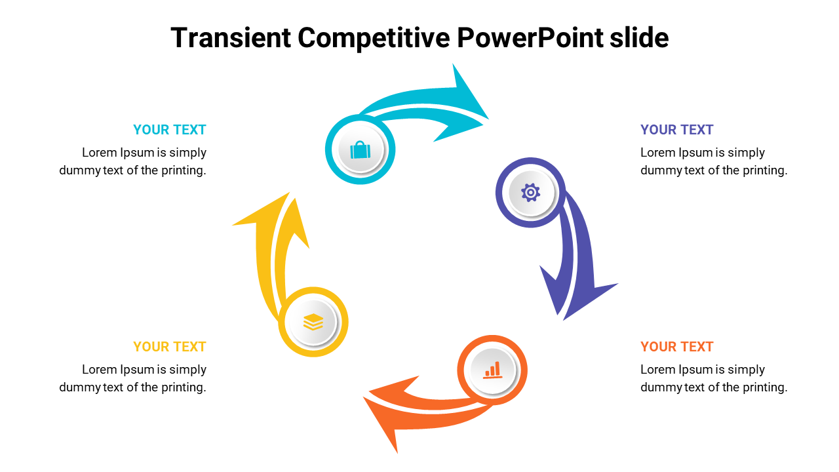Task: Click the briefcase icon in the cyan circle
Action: tap(361, 150)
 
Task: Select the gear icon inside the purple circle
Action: tap(530, 193)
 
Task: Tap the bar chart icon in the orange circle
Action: tap(492, 370)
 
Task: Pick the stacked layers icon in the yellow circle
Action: tap(313, 322)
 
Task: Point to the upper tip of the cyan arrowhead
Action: tap(453, 64)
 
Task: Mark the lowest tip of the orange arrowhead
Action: tap(397, 453)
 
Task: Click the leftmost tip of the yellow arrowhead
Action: tap(232, 225)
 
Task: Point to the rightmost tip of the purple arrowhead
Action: tap(618, 284)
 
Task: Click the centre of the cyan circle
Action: tap(361, 149)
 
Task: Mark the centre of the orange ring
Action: tap(492, 370)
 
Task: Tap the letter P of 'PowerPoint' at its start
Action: tap(465, 37)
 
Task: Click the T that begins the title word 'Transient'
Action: tap(179, 37)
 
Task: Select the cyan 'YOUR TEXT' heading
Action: tap(170, 130)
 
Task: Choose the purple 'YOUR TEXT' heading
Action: tap(677, 130)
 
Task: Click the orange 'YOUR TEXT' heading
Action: tap(677, 347)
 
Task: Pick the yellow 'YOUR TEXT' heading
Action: tap(170, 347)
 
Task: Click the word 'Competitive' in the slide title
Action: tap(374, 38)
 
